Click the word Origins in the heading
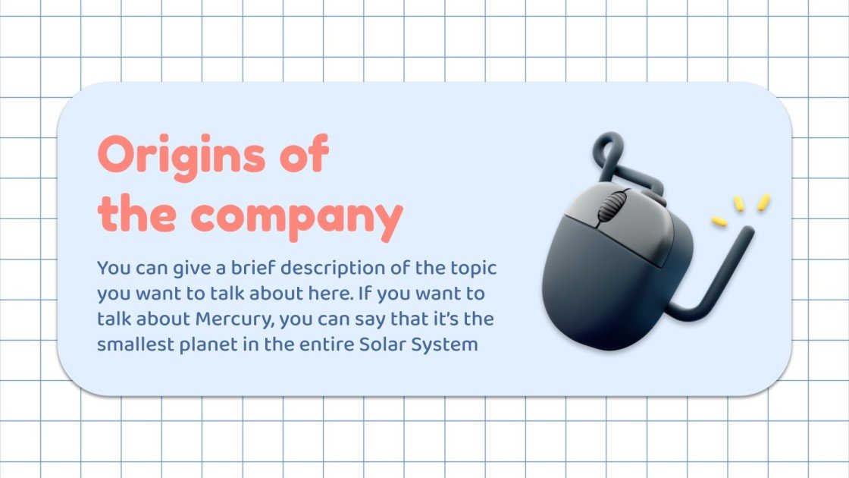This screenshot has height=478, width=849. coord(181,156)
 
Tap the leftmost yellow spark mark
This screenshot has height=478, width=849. coord(719,221)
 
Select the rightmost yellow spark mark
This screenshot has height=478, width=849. coord(763,202)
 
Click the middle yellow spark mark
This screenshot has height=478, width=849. coord(738,204)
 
